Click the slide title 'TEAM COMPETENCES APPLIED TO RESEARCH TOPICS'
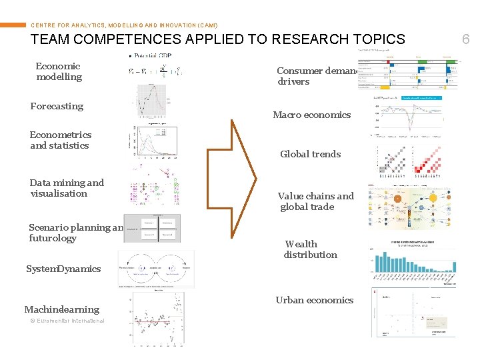(217, 39)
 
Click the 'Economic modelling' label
(59, 71)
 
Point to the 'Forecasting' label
(57, 106)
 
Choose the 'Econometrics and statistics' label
(60, 140)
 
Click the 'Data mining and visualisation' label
(67, 188)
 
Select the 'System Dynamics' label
(63, 269)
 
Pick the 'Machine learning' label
(61, 309)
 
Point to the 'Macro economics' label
(311, 115)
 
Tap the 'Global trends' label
(310, 154)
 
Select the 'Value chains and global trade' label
(315, 201)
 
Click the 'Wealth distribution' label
(310, 249)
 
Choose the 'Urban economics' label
(314, 300)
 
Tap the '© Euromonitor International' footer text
(67, 321)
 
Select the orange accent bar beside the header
(13, 25)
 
